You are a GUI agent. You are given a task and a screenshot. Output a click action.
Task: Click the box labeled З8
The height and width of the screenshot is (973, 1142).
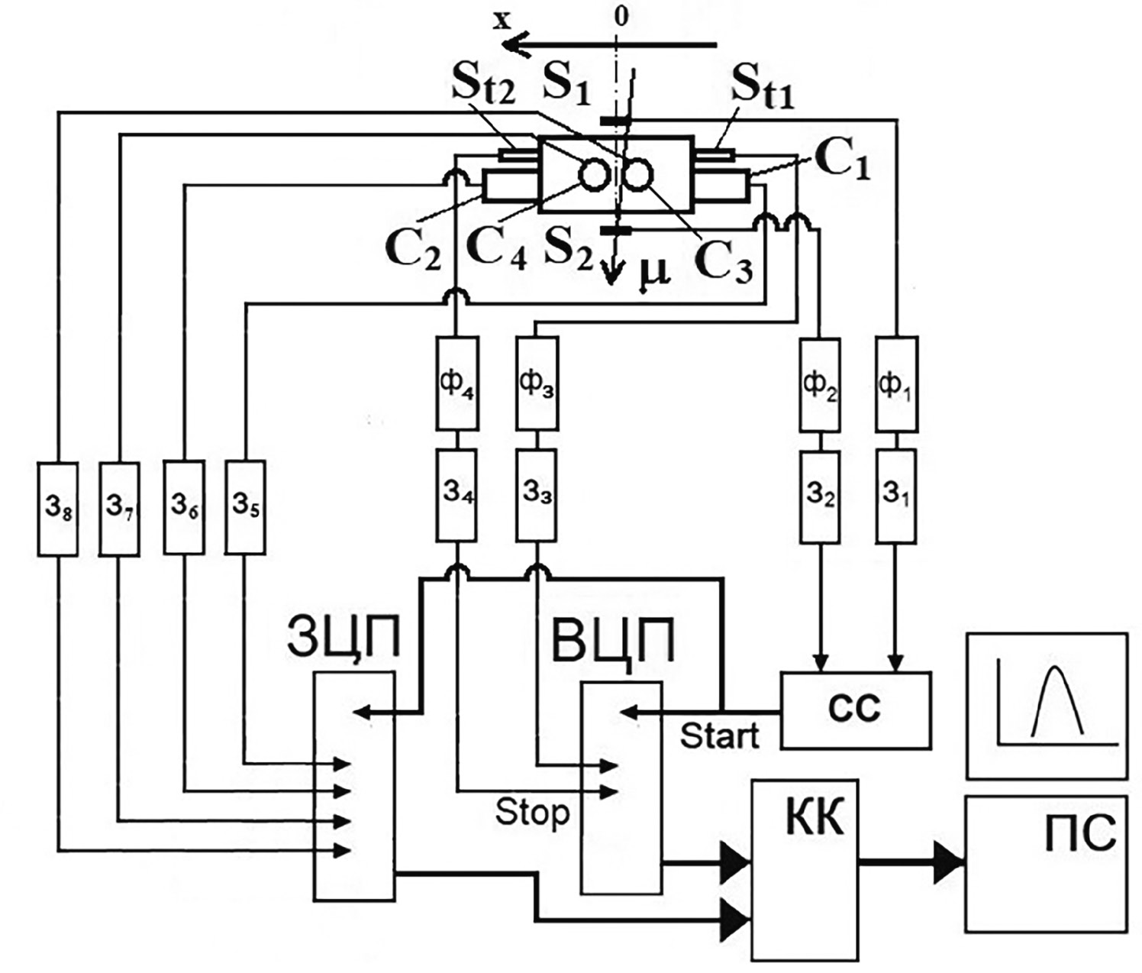point(57,508)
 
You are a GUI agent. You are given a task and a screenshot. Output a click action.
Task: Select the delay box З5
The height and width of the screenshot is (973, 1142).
point(246,507)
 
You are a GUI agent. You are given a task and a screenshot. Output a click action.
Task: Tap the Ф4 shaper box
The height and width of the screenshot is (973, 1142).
point(457,383)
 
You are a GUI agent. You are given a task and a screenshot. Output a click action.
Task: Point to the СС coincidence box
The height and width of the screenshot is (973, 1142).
point(855,710)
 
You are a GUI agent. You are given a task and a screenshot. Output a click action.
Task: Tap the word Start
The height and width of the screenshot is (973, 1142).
point(719,736)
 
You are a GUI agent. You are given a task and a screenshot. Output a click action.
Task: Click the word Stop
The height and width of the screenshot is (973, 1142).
point(532,812)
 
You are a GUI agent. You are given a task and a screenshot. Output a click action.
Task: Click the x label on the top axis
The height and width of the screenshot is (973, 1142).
point(502,20)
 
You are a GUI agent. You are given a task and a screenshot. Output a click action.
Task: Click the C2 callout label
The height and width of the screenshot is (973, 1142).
point(413,248)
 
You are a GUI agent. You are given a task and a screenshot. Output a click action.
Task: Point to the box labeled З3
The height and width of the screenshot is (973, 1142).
point(537,495)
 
